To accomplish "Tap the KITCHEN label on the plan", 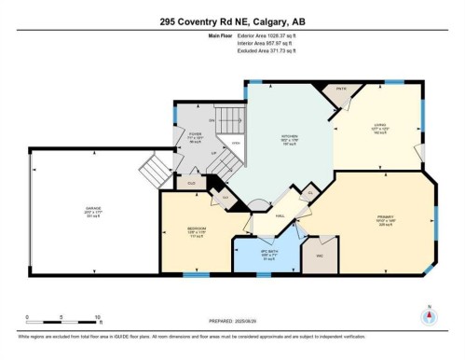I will pos(290,142).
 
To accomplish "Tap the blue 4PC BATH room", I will pos(268,255).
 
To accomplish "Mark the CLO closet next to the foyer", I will pos(191,183).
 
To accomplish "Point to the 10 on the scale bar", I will pos(97,320).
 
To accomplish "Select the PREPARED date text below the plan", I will pos(232,319).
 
